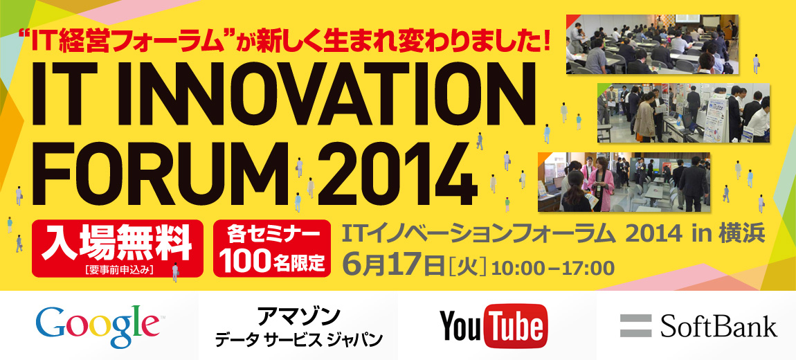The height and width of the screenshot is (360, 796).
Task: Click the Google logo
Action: click(x=98, y=325)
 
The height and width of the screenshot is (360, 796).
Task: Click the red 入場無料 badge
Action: click(x=117, y=249)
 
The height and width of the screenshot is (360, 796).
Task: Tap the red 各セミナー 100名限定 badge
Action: click(x=272, y=249)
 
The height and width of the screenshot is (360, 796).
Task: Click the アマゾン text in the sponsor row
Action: click(x=298, y=316)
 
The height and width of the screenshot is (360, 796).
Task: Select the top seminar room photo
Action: click(x=652, y=44)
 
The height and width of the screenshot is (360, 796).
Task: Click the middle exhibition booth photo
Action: click(x=683, y=113)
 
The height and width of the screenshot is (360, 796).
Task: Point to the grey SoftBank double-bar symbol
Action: click(x=635, y=325)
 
